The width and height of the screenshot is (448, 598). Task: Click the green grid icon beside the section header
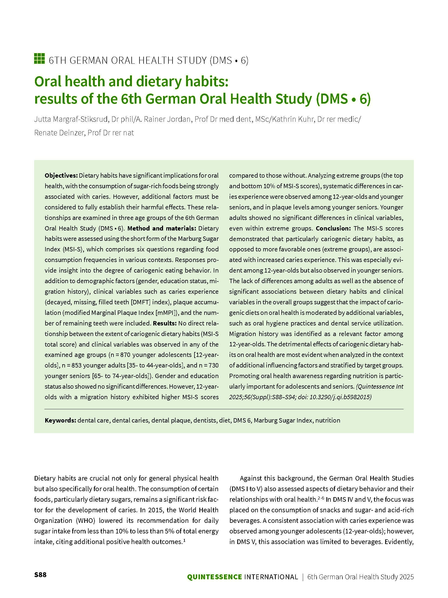tap(39, 59)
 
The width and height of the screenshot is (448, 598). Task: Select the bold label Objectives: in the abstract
tap(61, 175)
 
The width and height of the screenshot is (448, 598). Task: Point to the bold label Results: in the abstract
tap(165, 323)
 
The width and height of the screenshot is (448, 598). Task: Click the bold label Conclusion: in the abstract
tap(333, 228)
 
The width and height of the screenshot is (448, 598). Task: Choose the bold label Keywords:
tap(60, 420)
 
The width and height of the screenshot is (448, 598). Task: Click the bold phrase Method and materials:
tap(162, 228)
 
